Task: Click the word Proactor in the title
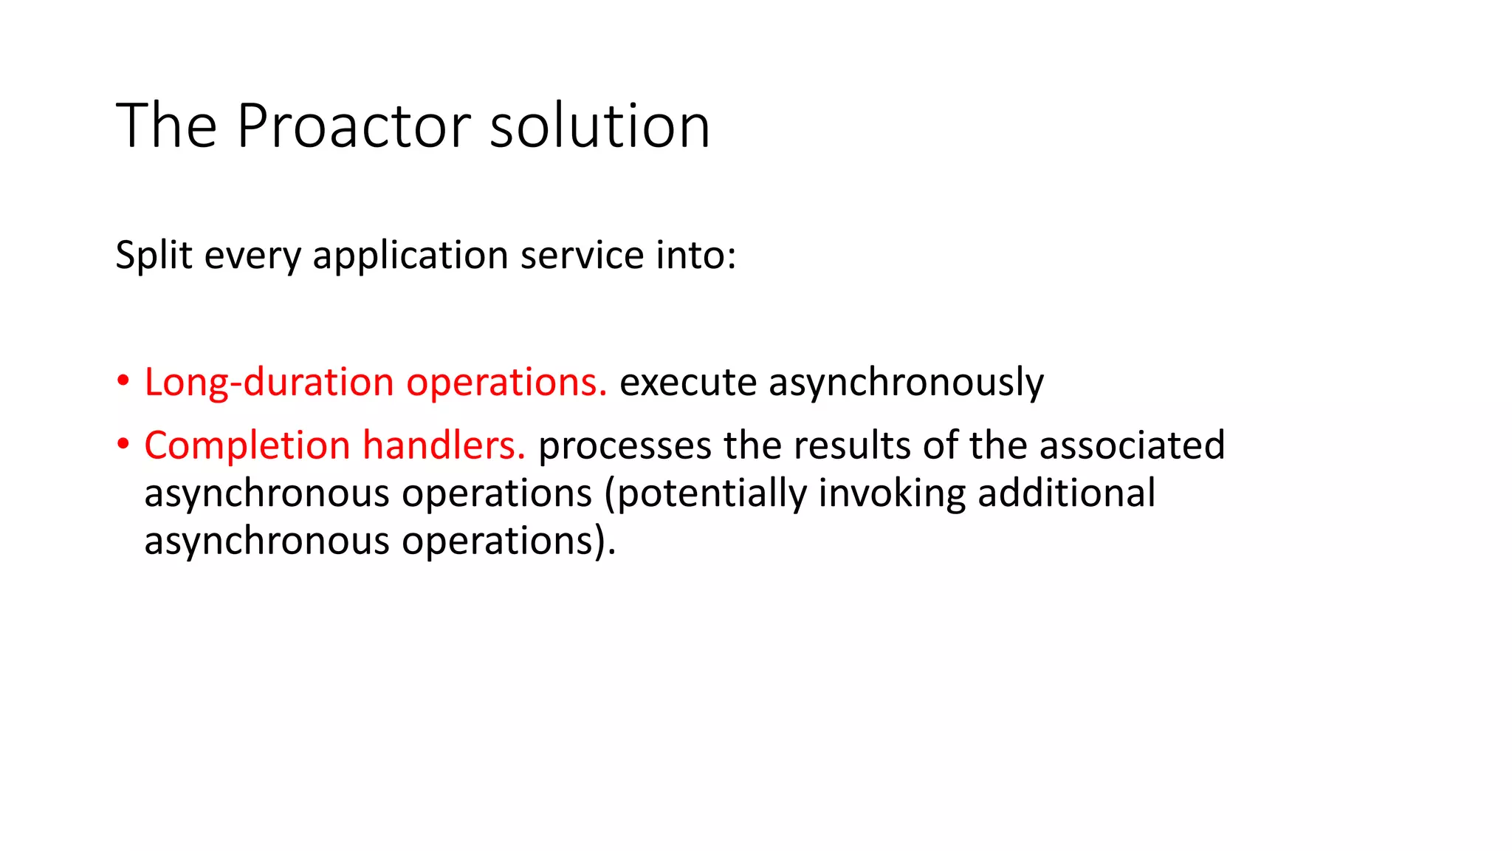point(353,126)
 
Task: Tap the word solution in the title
point(599,126)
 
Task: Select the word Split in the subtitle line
point(154,256)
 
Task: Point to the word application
point(410,256)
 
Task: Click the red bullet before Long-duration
point(123,382)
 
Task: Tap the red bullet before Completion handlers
point(123,445)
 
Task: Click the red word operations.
point(506,383)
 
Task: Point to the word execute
point(688,383)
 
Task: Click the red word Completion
point(247,445)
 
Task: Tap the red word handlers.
point(444,445)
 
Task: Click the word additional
point(1066,493)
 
